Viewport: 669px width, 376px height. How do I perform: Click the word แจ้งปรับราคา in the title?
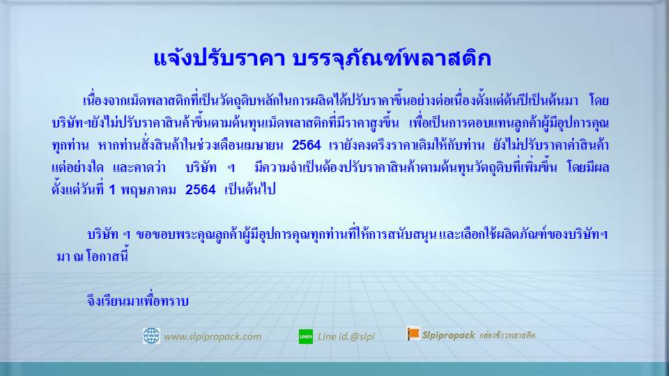point(219,58)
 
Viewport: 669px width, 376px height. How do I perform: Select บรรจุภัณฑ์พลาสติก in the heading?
point(392,58)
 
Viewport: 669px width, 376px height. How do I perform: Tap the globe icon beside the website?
point(151,336)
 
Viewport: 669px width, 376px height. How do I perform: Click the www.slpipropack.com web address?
point(213,336)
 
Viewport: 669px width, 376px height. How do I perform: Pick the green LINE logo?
point(305,336)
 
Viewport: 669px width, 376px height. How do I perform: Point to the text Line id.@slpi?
point(346,336)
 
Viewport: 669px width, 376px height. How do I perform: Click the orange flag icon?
point(413,334)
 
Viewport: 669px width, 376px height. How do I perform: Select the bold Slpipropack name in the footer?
point(448,335)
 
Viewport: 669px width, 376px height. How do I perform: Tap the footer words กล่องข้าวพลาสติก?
point(507,335)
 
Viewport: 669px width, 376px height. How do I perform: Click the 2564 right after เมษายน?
point(307,146)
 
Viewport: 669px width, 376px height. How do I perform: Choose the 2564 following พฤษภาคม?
point(201,189)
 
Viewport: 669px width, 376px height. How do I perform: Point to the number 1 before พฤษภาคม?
point(112,189)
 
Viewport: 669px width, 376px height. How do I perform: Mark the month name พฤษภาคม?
point(148,189)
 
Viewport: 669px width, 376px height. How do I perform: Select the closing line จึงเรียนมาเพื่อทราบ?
point(137,301)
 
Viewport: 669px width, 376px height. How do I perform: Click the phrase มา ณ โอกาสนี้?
point(92,256)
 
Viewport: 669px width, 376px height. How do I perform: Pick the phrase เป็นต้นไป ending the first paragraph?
point(249,189)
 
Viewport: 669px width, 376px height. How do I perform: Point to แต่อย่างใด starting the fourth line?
point(77,167)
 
